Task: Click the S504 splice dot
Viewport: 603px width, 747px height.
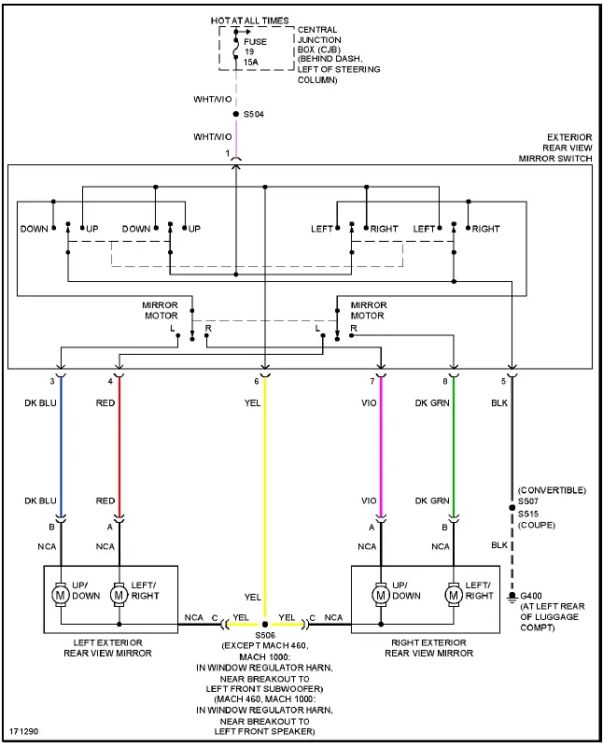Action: (x=235, y=115)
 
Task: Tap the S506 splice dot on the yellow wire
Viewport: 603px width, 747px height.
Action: (x=265, y=624)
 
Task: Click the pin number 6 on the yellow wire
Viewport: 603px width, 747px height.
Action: (x=257, y=382)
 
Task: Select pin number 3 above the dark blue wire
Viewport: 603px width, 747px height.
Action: (x=52, y=382)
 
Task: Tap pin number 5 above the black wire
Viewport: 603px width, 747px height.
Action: (x=505, y=382)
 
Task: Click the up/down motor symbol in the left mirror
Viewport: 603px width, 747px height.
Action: (x=61, y=593)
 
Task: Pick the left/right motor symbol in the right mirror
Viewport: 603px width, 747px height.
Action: (x=454, y=593)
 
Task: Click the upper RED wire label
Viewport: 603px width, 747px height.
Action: (x=105, y=403)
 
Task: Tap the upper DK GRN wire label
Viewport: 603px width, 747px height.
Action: (x=433, y=403)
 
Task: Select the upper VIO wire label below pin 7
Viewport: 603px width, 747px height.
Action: (x=369, y=403)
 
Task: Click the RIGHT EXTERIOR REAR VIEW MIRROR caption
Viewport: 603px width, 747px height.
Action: (x=430, y=646)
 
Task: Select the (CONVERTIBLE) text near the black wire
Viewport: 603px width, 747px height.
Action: (x=553, y=490)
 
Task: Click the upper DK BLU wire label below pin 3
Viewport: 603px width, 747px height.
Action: (x=41, y=403)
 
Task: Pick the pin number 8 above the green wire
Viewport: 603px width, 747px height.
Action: (x=445, y=382)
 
